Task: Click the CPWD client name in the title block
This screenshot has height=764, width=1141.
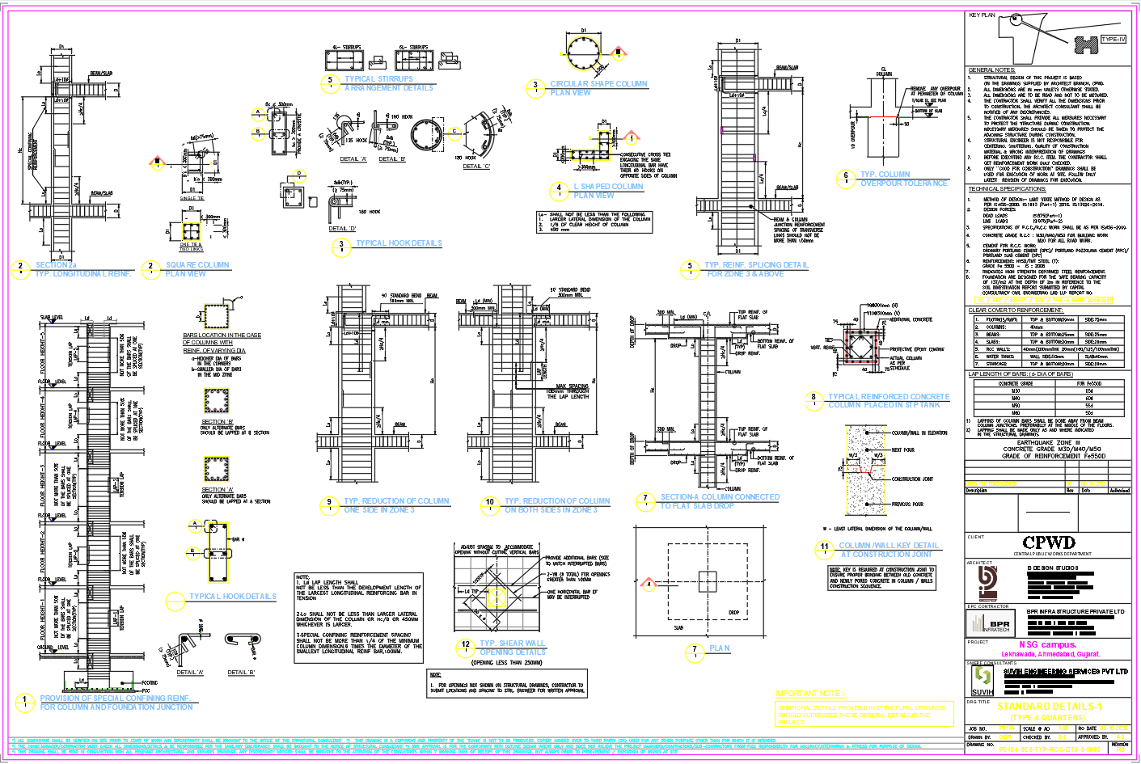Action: click(x=1049, y=542)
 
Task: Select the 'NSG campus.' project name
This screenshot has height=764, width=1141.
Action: click(x=1047, y=644)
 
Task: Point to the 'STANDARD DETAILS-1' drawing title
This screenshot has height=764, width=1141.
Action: click(x=1049, y=706)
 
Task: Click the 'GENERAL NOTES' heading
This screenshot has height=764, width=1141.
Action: click(x=991, y=70)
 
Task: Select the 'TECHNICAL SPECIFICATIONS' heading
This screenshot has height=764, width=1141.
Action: click(x=1007, y=189)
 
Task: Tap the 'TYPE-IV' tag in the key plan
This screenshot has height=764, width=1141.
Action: click(x=1113, y=39)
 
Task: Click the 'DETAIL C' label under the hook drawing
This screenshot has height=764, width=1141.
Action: click(x=476, y=167)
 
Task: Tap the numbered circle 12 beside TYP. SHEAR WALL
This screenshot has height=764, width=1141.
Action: click(x=465, y=645)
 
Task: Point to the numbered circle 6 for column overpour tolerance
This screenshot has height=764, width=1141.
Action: click(x=846, y=176)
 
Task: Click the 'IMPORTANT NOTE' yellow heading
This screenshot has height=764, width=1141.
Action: click(x=810, y=694)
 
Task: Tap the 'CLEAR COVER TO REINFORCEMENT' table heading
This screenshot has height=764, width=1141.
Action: click(x=1016, y=310)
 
